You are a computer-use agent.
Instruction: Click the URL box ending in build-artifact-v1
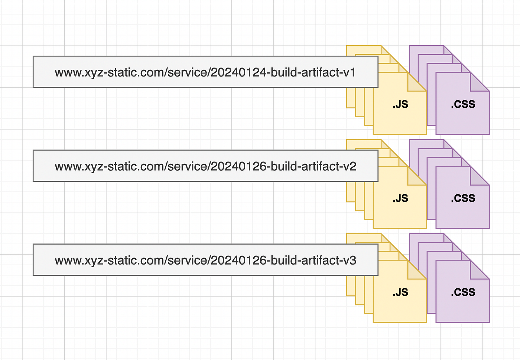coord(205,72)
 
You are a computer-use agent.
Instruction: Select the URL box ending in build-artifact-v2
coord(205,166)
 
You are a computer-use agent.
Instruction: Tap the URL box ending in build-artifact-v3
coord(205,260)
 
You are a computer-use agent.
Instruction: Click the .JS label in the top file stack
coord(400,104)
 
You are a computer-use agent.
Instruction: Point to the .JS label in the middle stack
coord(400,198)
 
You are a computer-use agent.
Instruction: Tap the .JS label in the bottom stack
coord(400,292)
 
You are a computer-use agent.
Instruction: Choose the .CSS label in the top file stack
coord(463,104)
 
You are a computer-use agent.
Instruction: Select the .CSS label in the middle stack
coord(463,198)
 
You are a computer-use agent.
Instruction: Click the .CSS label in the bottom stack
coord(463,292)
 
